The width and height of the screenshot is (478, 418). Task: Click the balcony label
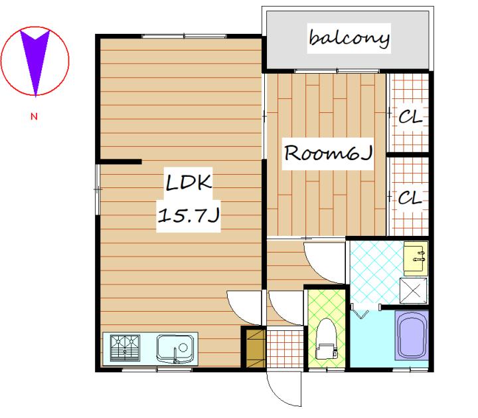pyautogui.click(x=349, y=38)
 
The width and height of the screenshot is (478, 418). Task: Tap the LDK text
pyautogui.click(x=189, y=183)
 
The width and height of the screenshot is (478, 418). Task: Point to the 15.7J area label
pyautogui.click(x=189, y=215)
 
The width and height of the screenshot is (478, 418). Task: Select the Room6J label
pyautogui.click(x=328, y=153)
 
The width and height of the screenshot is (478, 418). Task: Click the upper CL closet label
pyautogui.click(x=410, y=116)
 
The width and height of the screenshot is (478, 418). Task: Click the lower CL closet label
pyautogui.click(x=410, y=197)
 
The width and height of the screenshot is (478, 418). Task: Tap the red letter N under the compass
pyautogui.click(x=34, y=116)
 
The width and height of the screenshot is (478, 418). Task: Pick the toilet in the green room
pyautogui.click(x=326, y=339)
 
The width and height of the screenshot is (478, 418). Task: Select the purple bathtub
pyautogui.click(x=412, y=336)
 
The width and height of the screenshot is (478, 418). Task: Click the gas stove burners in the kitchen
pyautogui.click(x=125, y=348)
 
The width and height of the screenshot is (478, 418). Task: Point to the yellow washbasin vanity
pyautogui.click(x=416, y=257)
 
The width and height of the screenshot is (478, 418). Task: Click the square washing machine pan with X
pyautogui.click(x=413, y=290)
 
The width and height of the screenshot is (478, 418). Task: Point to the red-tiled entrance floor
pyautogui.click(x=285, y=347)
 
